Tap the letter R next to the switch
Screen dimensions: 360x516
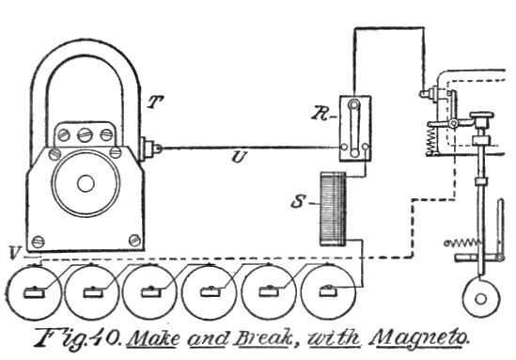(x=321, y=114)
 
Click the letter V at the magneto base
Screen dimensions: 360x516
(x=12, y=253)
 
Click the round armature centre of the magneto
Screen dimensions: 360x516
(x=86, y=181)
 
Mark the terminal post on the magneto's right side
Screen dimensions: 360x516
(x=149, y=148)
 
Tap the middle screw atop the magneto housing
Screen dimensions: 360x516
(x=86, y=133)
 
